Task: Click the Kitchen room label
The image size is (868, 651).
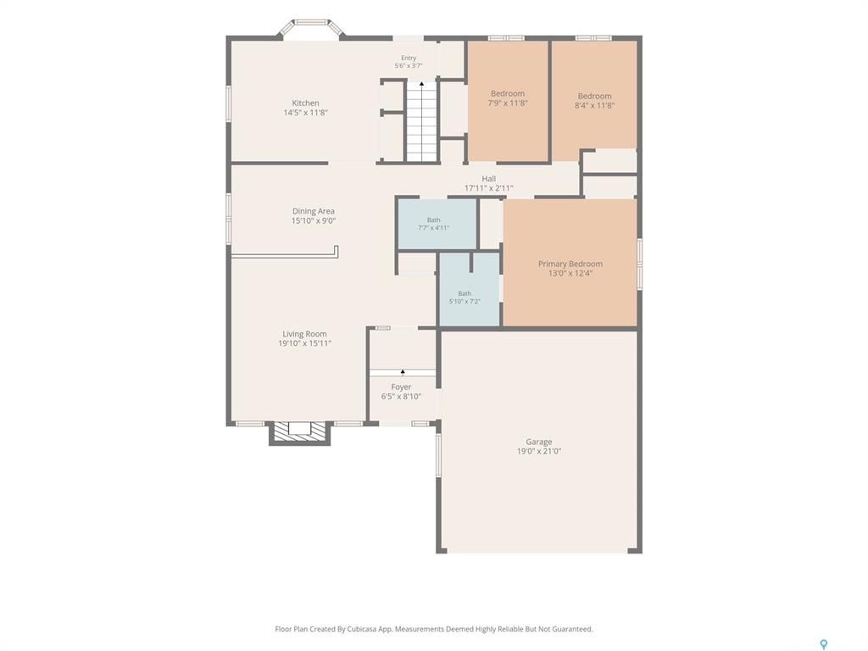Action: point(305,103)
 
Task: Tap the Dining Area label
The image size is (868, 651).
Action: point(314,211)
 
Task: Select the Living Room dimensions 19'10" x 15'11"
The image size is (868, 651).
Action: point(304,343)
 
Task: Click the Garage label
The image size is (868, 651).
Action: point(538,442)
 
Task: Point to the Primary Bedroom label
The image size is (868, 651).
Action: point(570,264)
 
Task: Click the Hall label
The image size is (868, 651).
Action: point(489,179)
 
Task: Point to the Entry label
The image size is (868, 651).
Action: point(409,58)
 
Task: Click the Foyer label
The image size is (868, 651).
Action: point(401,387)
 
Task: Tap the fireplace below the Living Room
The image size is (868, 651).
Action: point(299,433)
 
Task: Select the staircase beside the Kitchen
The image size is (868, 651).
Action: point(422,121)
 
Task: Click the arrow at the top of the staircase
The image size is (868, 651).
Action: point(422,84)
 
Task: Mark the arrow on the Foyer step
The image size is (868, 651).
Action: point(403,371)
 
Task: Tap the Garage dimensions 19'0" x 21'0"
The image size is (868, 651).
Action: point(539,451)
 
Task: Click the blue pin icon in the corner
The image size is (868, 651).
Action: point(824,644)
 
